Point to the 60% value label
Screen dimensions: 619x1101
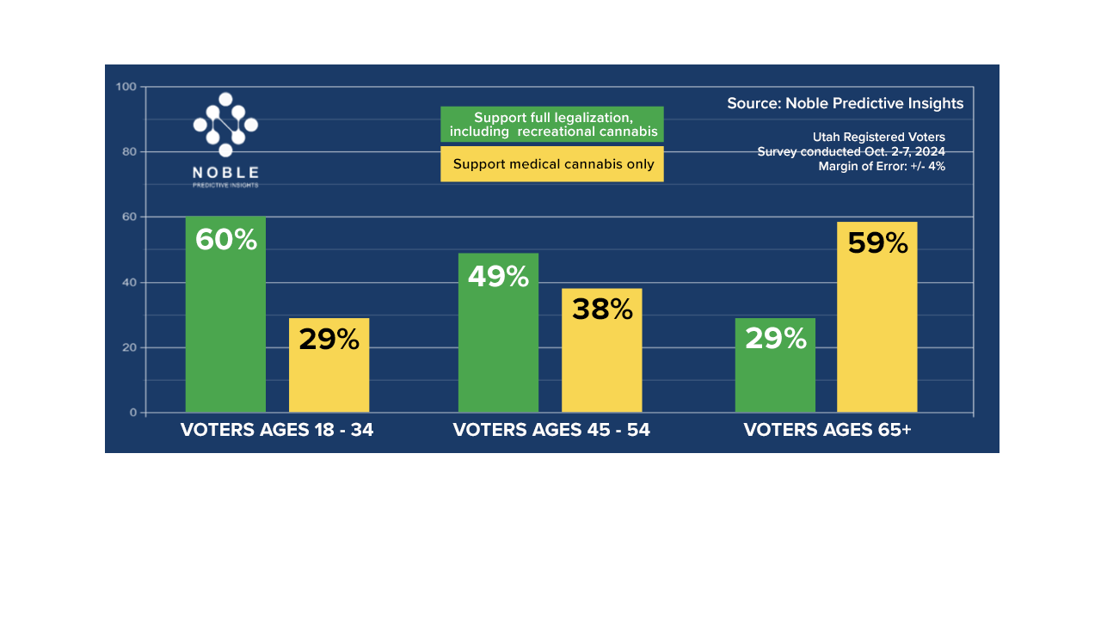[226, 240]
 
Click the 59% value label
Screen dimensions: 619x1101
[877, 243]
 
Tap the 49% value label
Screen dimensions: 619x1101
[498, 276]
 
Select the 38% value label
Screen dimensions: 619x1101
[602, 309]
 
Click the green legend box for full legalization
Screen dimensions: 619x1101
[552, 125]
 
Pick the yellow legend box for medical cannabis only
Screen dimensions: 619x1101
[552, 164]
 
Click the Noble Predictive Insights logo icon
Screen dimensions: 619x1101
[225, 126]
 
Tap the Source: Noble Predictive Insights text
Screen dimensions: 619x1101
[845, 104]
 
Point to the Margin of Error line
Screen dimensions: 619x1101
[882, 167]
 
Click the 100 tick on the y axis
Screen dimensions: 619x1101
[126, 87]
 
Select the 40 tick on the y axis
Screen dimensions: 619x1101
[129, 283]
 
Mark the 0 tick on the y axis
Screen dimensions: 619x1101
[133, 413]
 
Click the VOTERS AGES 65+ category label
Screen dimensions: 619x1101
[827, 430]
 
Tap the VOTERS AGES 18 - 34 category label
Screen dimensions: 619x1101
[277, 430]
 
